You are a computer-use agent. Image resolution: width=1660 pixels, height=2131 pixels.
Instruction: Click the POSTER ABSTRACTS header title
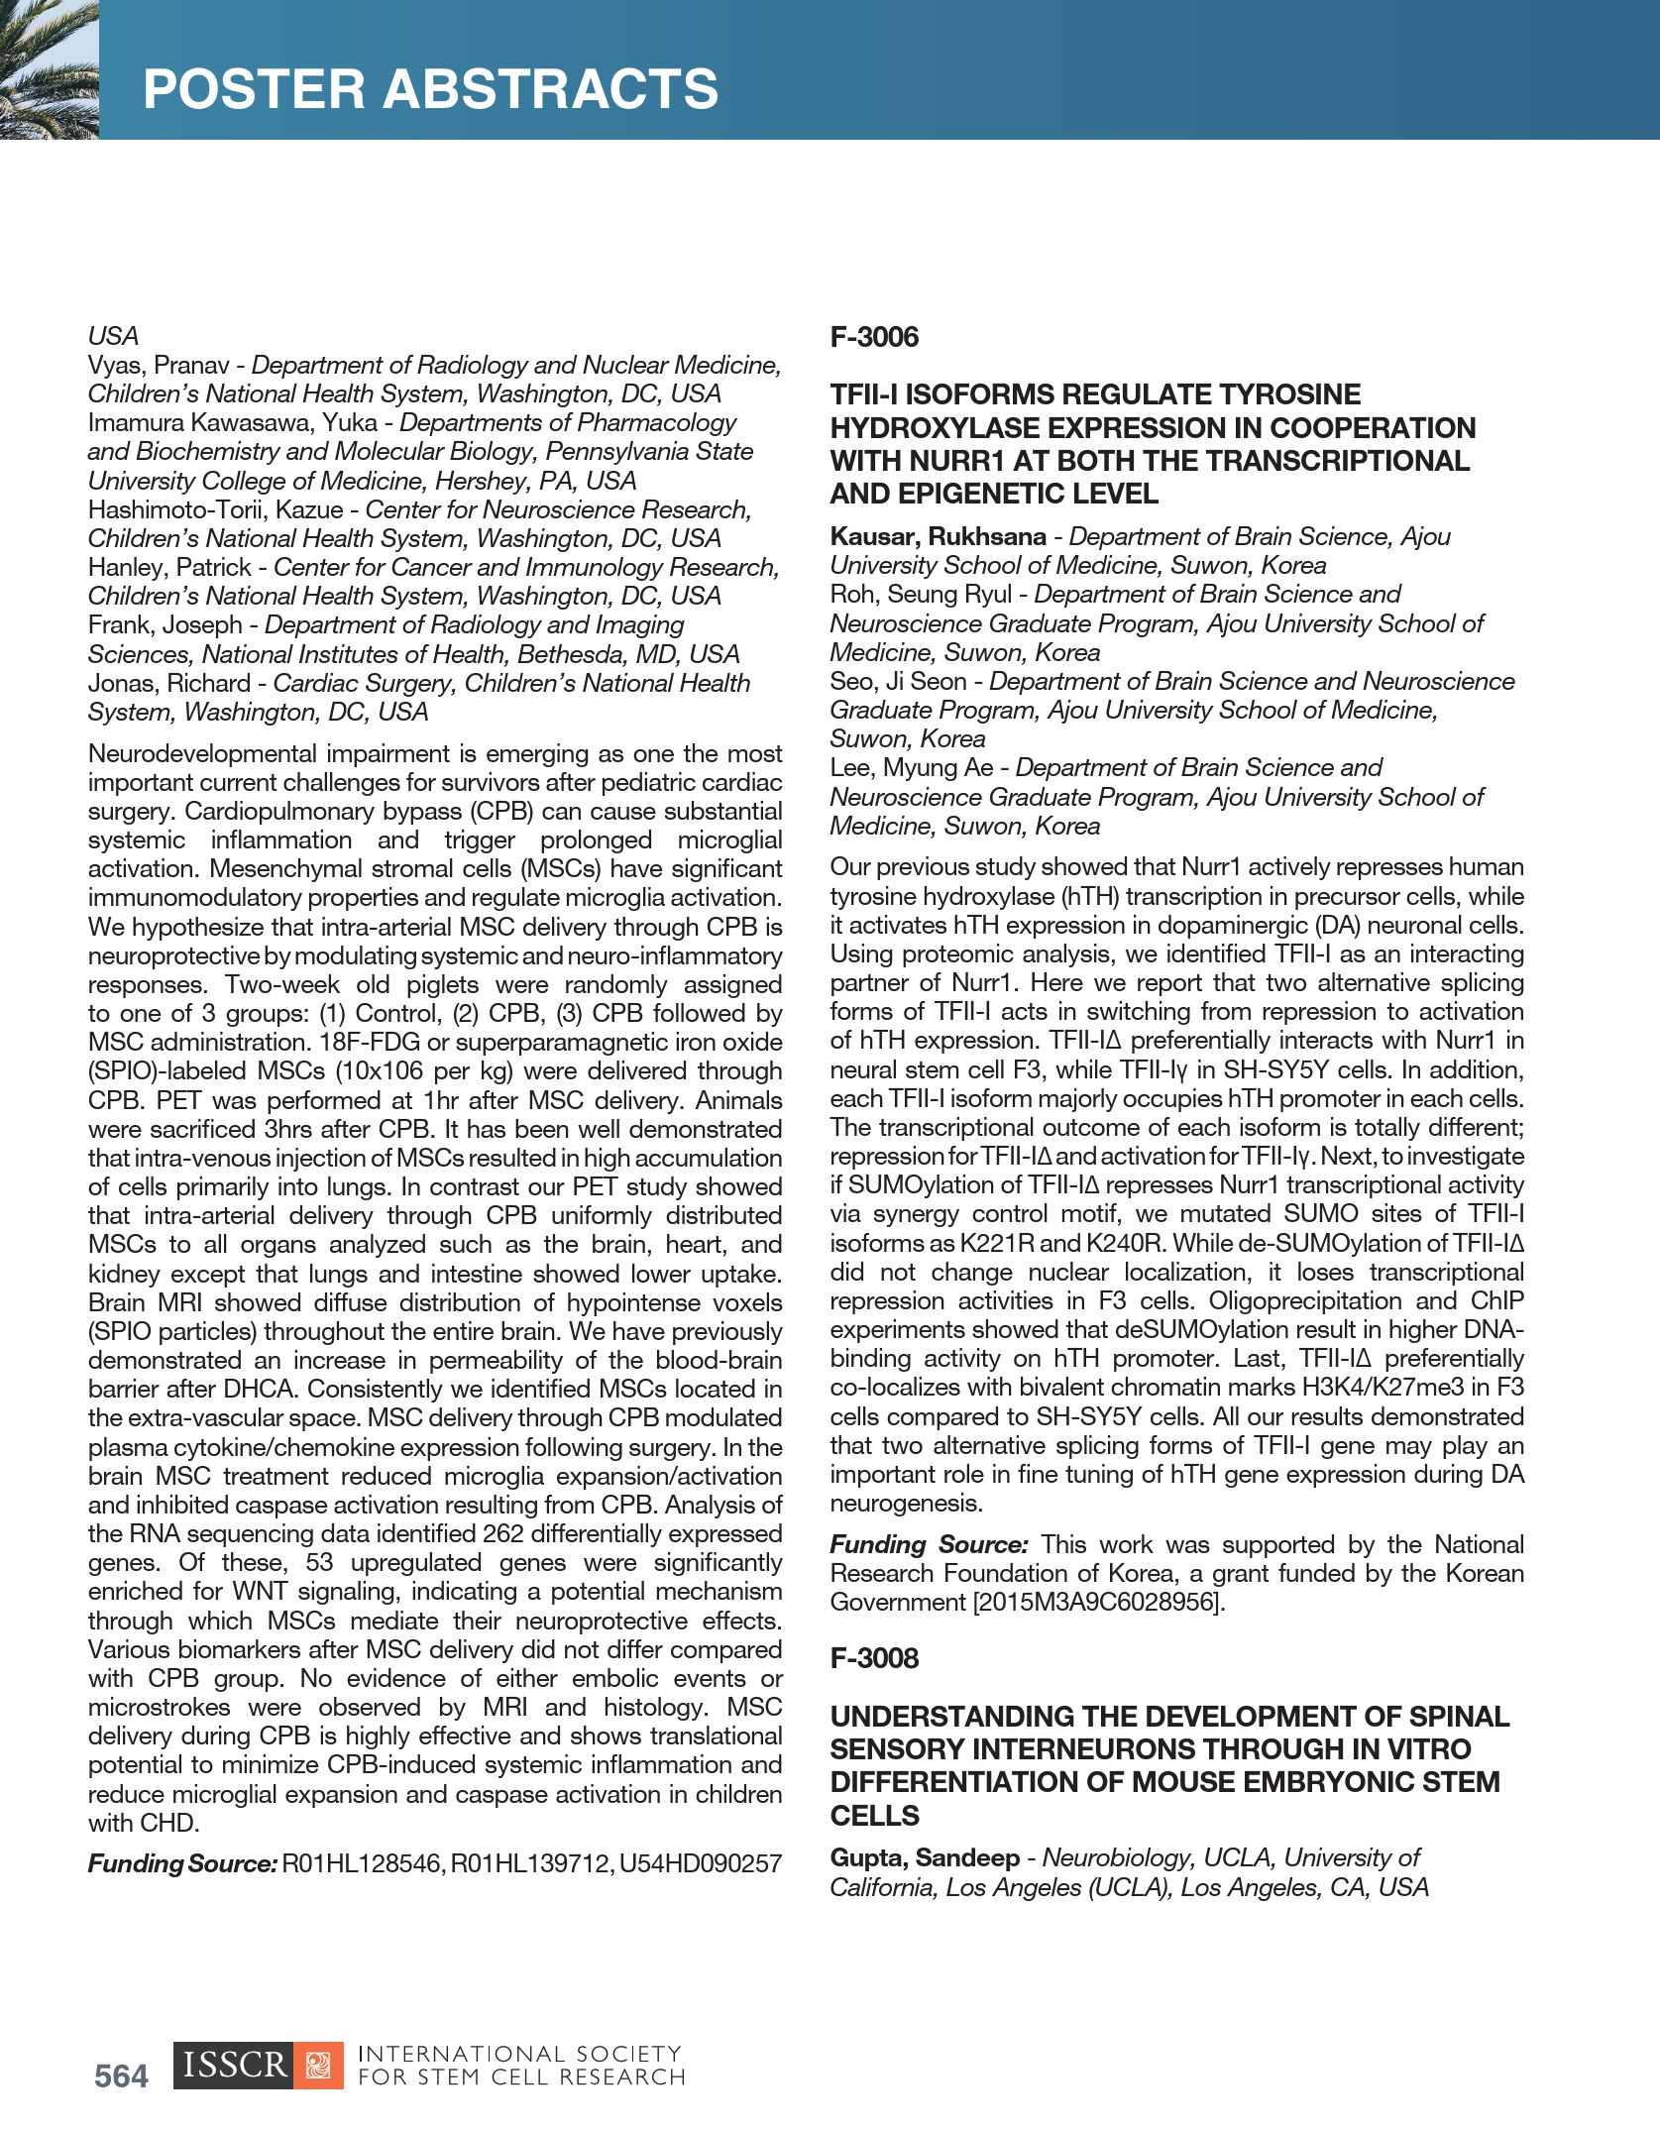point(430,88)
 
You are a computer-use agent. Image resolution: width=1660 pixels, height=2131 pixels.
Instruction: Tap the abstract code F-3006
point(874,337)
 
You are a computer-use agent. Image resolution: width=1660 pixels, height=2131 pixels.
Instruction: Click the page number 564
point(121,2075)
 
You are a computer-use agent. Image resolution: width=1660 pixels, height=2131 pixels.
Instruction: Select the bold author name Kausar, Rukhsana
point(938,536)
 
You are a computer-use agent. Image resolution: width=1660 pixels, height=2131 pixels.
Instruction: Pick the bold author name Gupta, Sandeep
point(925,1857)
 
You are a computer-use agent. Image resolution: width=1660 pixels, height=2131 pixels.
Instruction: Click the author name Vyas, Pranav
point(159,365)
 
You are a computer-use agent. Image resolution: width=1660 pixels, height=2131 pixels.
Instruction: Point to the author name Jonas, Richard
point(169,683)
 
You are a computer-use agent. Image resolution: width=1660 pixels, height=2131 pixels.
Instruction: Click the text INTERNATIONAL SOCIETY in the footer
point(519,2055)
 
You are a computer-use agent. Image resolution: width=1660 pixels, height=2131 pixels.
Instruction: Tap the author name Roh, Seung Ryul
point(921,594)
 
